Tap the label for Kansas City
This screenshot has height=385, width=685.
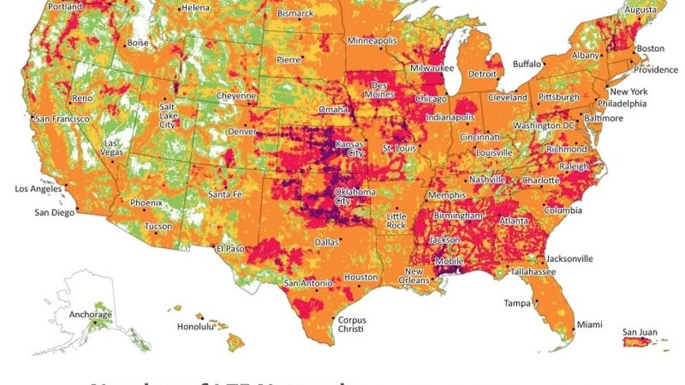click(x=349, y=149)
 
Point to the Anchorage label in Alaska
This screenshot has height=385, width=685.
click(x=90, y=314)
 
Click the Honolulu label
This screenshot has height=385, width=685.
click(x=196, y=327)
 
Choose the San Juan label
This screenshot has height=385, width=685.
click(x=639, y=333)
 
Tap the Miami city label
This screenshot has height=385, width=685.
click(x=590, y=324)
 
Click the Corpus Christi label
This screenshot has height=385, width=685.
click(x=351, y=325)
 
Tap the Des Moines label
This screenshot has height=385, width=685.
click(x=379, y=90)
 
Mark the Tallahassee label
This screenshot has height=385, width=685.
click(x=533, y=271)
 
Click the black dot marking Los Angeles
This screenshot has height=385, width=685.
click(x=66, y=185)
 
